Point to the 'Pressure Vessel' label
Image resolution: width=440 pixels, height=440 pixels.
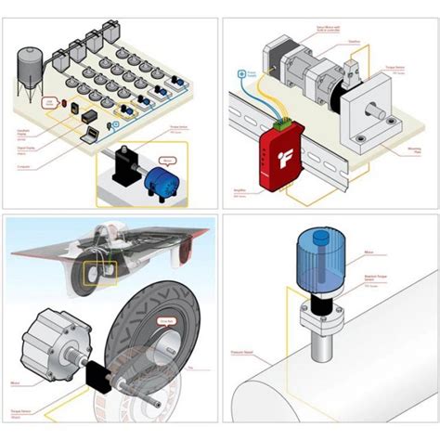click(x=247, y=355)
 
